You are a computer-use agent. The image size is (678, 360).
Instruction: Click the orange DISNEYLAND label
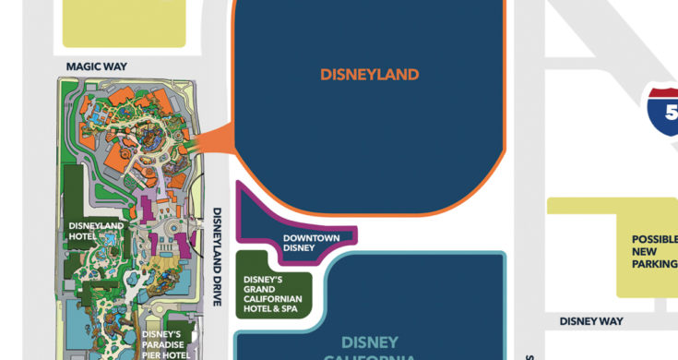(369, 74)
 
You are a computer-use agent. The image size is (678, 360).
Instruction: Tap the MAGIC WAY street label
(96, 66)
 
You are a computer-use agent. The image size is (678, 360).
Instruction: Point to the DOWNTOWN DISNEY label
(311, 243)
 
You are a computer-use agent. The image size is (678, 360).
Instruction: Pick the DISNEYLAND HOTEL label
(95, 230)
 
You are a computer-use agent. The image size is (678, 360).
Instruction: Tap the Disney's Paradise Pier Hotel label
(167, 344)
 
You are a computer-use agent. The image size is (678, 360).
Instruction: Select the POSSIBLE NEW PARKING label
(654, 251)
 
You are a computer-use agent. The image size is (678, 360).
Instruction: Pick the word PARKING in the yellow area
(655, 264)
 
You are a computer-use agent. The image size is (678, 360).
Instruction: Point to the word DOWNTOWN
(311, 237)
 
